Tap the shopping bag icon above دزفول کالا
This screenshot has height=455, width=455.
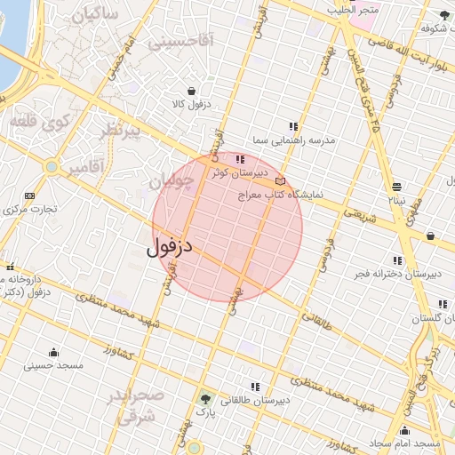192,91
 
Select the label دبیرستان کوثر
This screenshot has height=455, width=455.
234,173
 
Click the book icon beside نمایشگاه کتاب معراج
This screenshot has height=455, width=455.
281,181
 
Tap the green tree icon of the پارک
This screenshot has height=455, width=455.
206,398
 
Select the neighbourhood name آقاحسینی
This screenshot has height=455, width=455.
181,41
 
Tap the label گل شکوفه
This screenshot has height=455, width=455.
427,28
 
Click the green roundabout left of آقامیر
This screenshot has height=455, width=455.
52,166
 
